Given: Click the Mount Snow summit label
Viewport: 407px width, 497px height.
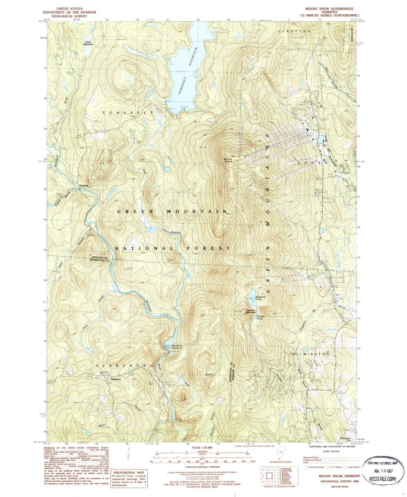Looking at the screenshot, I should (x=228, y=160).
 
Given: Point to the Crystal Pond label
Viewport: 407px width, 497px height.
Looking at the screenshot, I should (x=260, y=317).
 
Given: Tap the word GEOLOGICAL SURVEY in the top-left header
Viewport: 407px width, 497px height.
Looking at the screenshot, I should (x=69, y=16).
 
